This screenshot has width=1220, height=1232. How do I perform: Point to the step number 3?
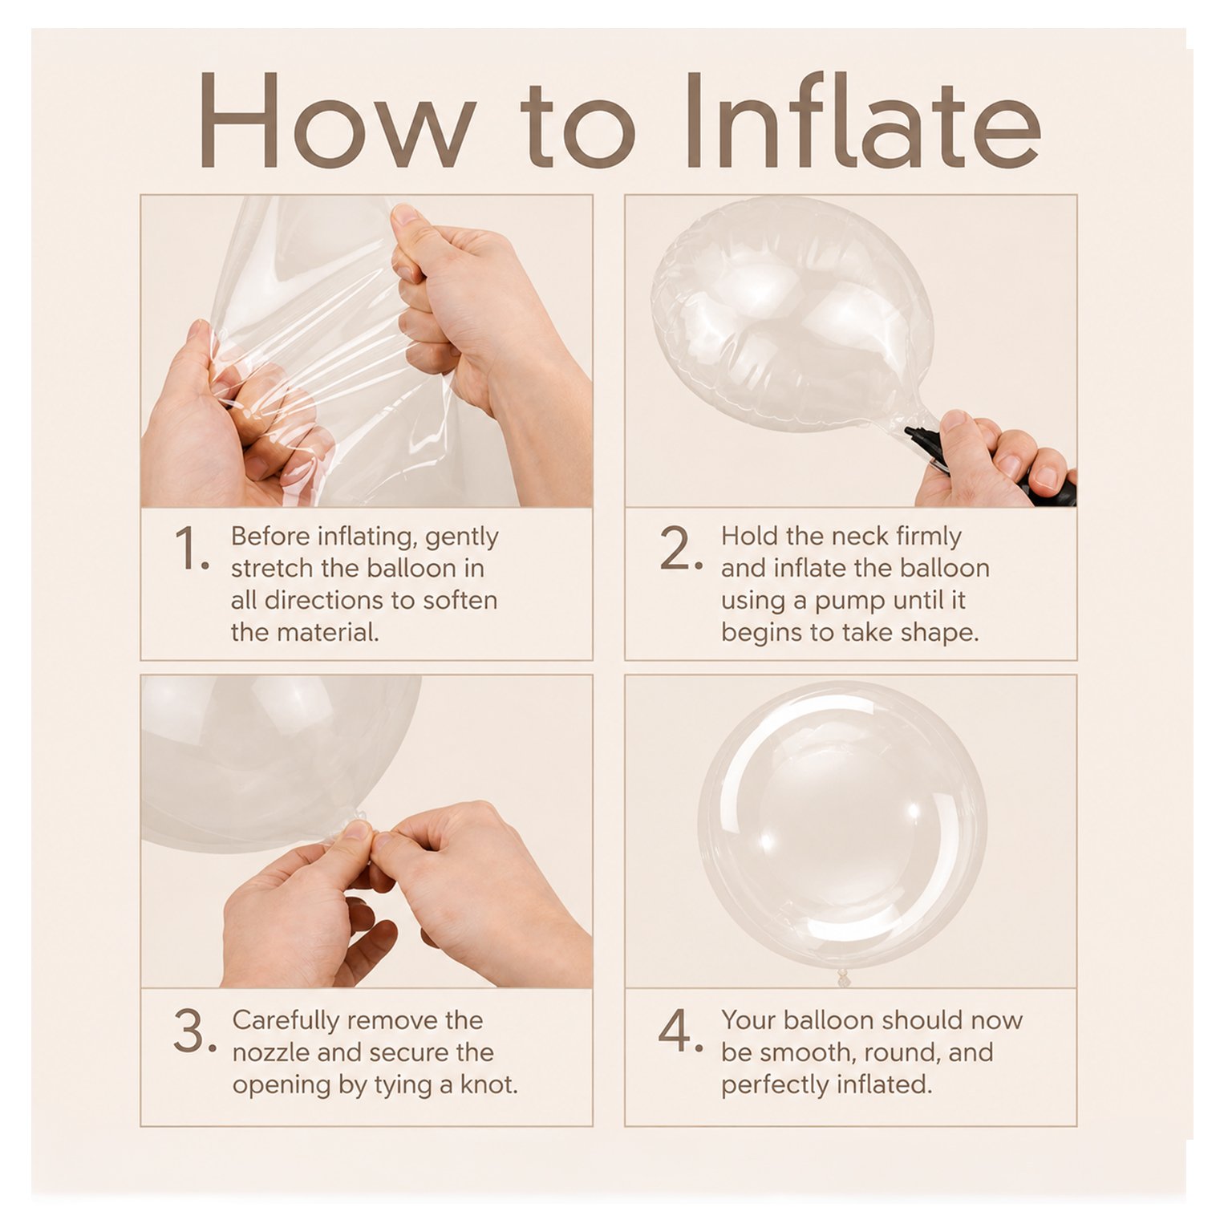(x=194, y=1031)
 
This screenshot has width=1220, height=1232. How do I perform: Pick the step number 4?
(x=680, y=1031)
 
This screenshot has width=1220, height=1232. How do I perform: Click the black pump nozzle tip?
(x=910, y=433)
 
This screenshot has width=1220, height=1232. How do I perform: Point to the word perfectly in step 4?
(x=775, y=1085)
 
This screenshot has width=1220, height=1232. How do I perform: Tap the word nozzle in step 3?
(x=270, y=1052)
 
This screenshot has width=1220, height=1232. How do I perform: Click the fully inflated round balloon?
(x=841, y=823)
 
